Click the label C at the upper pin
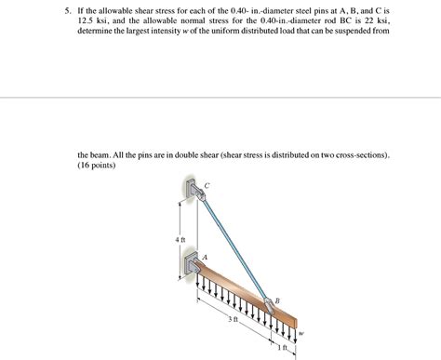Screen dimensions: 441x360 click(x=208, y=185)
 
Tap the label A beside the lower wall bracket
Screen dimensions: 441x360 click(x=205, y=256)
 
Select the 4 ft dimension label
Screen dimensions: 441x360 click(x=180, y=241)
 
